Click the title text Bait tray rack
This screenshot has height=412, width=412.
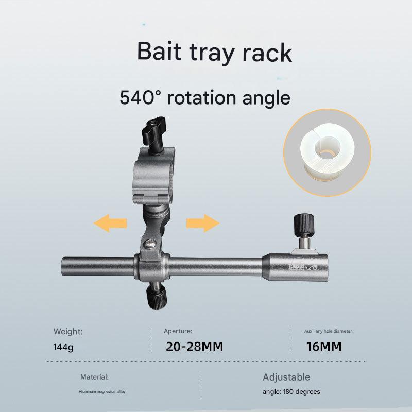coord(214,53)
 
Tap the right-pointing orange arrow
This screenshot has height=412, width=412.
coord(202,224)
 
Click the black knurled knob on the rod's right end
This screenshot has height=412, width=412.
coord(302,225)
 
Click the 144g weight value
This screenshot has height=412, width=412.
coord(63,347)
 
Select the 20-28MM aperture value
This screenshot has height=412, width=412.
coord(194,347)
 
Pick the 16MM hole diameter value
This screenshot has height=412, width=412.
coord(323,347)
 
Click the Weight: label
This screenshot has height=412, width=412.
coord(67,331)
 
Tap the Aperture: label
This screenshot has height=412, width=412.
coord(178,331)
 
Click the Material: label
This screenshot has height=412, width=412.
coord(94,377)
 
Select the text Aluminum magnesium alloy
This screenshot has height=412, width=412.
coord(102,392)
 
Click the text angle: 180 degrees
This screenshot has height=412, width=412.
coord(291,392)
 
